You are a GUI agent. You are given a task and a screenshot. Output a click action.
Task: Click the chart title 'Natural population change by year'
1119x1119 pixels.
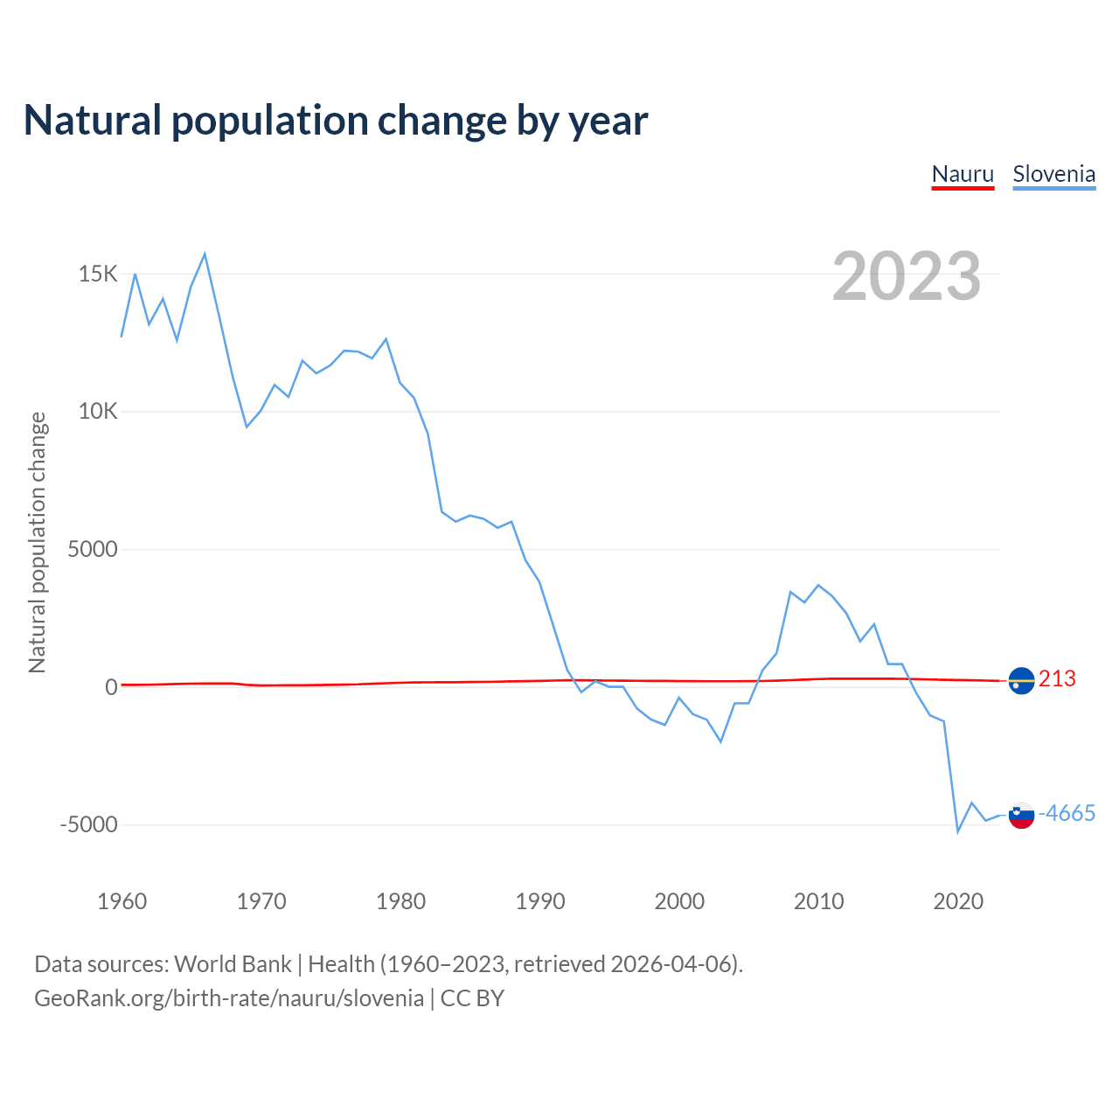point(336,121)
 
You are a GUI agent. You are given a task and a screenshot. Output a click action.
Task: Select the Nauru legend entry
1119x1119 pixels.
point(963,174)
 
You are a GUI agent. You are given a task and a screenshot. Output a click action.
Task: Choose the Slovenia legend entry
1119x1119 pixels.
point(1053,174)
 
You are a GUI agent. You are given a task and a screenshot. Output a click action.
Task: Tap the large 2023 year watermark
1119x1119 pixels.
point(907,276)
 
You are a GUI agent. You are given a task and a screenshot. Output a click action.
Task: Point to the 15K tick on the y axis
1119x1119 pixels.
point(98,275)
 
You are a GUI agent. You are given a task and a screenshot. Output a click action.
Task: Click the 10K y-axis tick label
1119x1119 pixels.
point(98,412)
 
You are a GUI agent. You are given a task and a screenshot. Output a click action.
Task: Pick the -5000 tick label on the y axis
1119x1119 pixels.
point(88,825)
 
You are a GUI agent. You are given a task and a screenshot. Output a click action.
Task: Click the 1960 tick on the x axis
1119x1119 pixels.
point(122,901)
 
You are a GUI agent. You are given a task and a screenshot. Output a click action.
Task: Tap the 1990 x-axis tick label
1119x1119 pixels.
point(540,901)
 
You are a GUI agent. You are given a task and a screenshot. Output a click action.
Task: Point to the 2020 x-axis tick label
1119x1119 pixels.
point(958,901)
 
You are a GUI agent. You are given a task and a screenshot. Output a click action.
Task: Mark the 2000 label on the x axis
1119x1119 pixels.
point(679,901)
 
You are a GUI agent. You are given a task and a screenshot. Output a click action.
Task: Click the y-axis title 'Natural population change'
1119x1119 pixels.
point(38,543)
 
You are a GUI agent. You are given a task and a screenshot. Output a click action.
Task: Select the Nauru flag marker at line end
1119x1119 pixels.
point(1021,680)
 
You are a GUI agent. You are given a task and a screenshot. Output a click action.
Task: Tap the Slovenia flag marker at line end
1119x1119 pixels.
point(1021,815)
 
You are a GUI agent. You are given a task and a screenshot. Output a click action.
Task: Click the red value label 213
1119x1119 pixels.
point(1057,679)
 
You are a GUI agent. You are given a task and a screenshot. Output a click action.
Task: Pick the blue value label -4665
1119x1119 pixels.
point(1067,814)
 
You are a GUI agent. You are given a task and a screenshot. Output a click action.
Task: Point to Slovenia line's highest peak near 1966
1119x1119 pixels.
point(205,254)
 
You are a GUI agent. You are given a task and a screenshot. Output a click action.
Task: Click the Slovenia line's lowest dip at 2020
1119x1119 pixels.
point(958,831)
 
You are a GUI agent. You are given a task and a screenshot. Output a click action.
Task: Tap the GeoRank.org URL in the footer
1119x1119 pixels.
point(229,998)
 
